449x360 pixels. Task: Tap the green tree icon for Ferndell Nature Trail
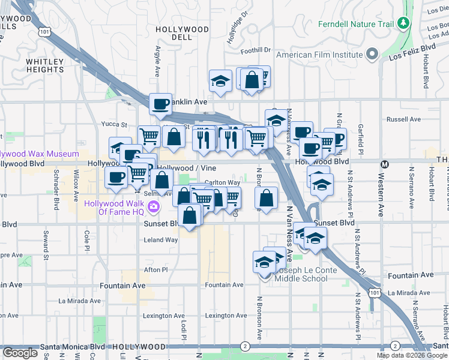point(404,23)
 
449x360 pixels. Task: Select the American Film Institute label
point(321,55)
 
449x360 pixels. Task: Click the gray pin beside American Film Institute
point(372,54)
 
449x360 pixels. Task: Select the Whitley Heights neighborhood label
point(45,66)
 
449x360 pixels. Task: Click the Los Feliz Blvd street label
point(412,52)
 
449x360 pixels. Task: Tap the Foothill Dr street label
point(256,50)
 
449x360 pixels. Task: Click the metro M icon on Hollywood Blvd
point(385,163)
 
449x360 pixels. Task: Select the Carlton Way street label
point(222,182)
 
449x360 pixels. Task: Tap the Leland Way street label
point(161,240)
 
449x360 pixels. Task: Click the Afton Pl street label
point(155,270)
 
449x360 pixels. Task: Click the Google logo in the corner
point(20,353)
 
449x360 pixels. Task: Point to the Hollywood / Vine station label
point(187,169)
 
